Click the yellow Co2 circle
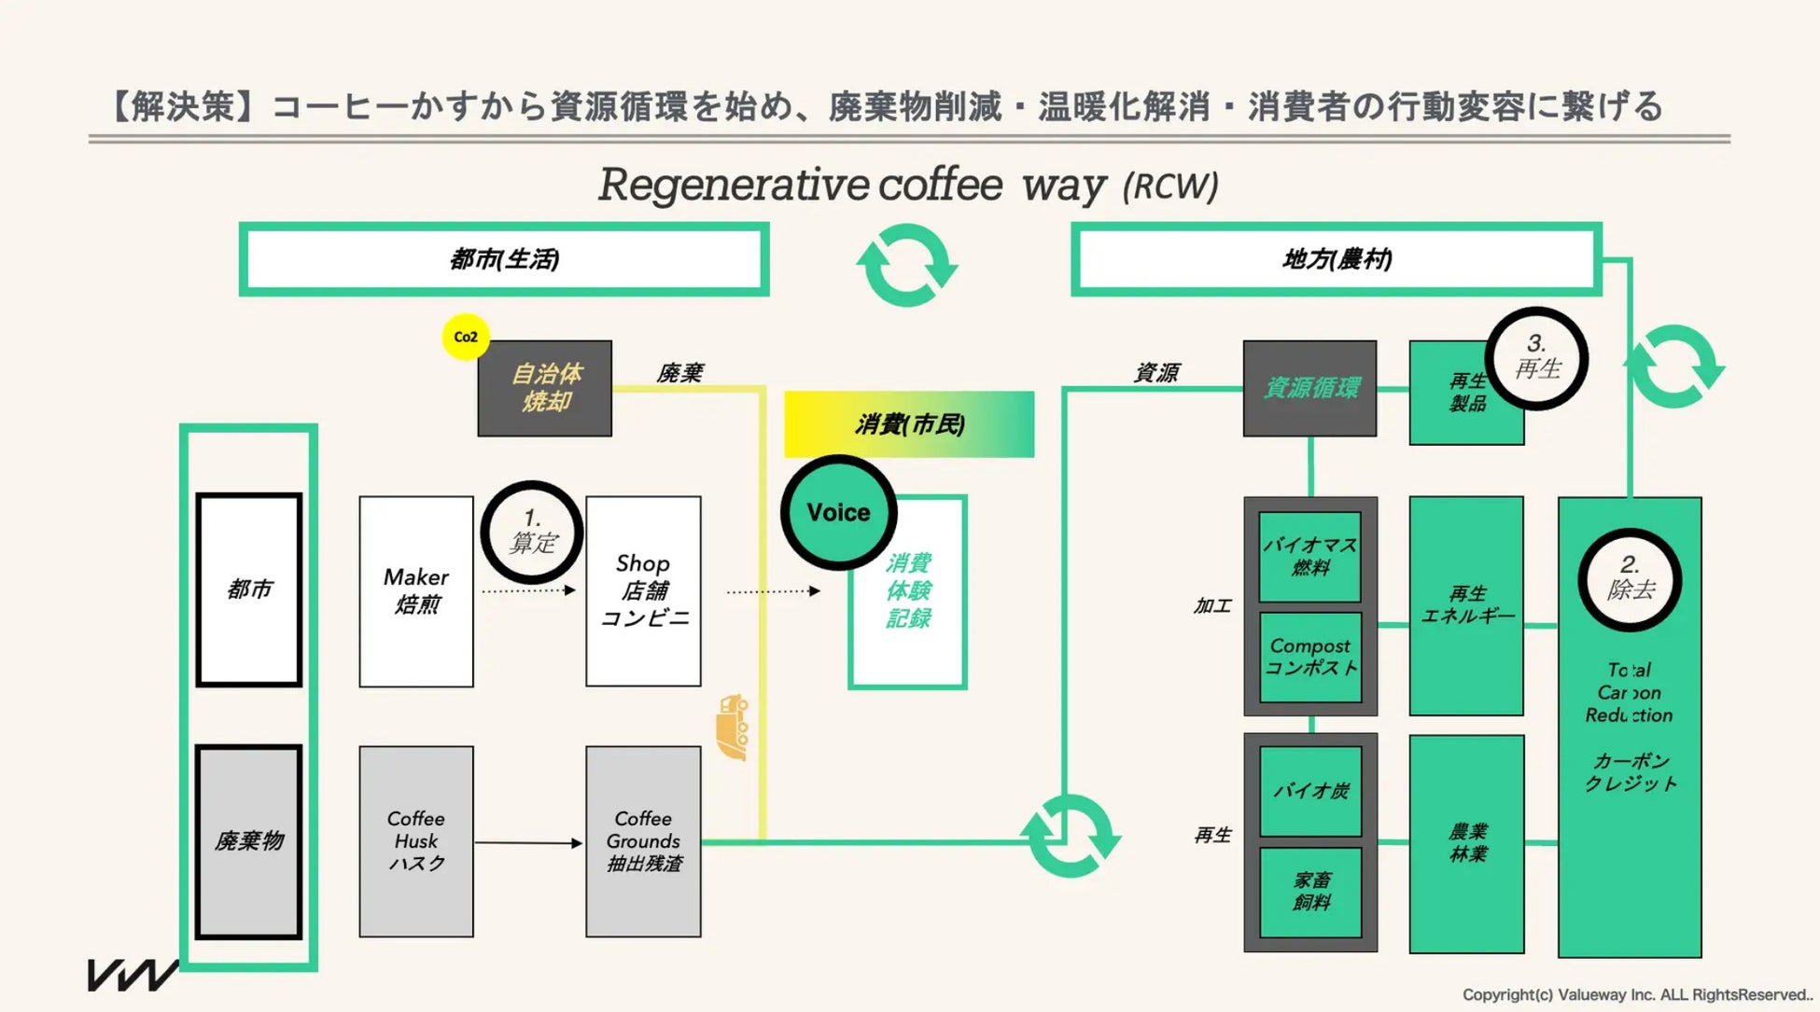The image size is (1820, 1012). pyautogui.click(x=466, y=337)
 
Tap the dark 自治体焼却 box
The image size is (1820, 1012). pyautogui.click(x=545, y=388)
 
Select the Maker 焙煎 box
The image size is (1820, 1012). pyautogui.click(x=416, y=591)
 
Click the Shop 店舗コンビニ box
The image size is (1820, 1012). pyautogui.click(x=643, y=591)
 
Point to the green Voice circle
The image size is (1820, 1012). pyautogui.click(x=838, y=512)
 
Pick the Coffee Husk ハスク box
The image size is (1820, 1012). pyautogui.click(x=416, y=841)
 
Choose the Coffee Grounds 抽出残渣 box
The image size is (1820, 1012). pyautogui.click(x=643, y=841)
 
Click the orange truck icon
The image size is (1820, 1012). pyautogui.click(x=733, y=727)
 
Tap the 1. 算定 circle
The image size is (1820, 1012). pyautogui.click(x=532, y=532)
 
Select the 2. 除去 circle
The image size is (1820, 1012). pyautogui.click(x=1630, y=580)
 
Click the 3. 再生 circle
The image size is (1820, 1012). pyautogui.click(x=1536, y=358)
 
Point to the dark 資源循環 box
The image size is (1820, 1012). pyautogui.click(x=1310, y=388)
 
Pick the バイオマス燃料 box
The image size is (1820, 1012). pyautogui.click(x=1310, y=557)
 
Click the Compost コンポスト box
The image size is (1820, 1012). pyautogui.click(x=1310, y=657)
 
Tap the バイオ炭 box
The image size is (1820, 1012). pyautogui.click(x=1310, y=791)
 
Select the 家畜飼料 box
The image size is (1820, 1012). pyautogui.click(x=1310, y=892)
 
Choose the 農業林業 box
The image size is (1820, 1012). pyautogui.click(x=1466, y=844)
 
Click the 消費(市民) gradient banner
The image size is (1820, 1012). pyautogui.click(x=909, y=424)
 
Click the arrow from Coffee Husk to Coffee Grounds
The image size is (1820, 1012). pyautogui.click(x=528, y=843)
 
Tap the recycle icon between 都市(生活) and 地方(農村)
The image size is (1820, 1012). pyautogui.click(x=907, y=265)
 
